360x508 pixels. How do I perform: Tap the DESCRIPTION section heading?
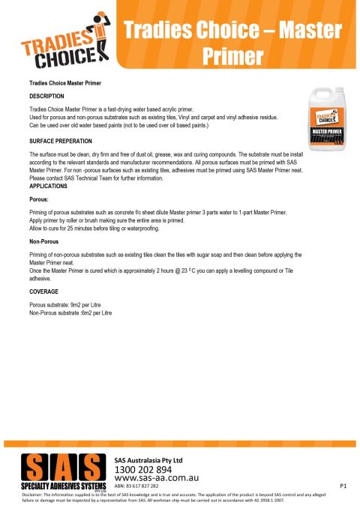[x=46, y=97]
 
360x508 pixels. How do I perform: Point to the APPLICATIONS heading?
[x=51, y=185]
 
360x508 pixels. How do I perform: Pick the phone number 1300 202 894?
[x=149, y=469]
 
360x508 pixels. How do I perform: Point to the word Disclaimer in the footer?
[x=36, y=495]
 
